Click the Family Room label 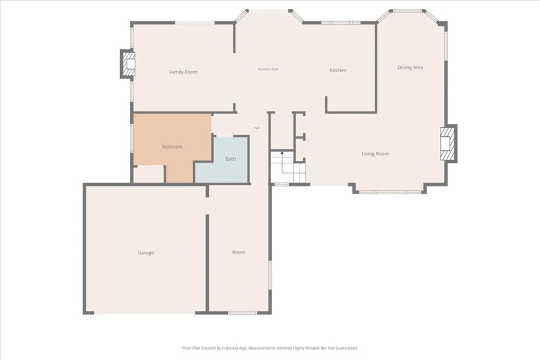[x=183, y=72]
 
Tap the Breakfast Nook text [x=268, y=69]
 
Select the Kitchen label [x=338, y=70]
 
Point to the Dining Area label [x=410, y=67]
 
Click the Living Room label [x=375, y=154]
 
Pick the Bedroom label [x=172, y=147]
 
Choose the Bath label [x=230, y=159]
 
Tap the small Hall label [x=257, y=128]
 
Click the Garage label [x=146, y=252]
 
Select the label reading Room [x=239, y=252]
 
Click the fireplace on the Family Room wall [x=128, y=64]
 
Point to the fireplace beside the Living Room [x=448, y=143]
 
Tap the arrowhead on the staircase [x=282, y=152]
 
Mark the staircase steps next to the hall [x=288, y=167]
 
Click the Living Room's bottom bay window [x=390, y=192]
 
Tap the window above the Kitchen [x=341, y=23]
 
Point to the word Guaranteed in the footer [x=348, y=348]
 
